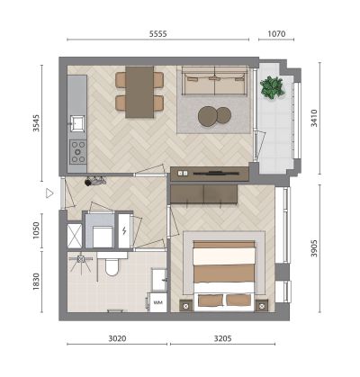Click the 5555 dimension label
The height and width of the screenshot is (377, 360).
tap(158, 33)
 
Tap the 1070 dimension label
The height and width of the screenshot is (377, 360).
tap(276, 33)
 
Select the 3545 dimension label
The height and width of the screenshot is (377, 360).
tap(36, 123)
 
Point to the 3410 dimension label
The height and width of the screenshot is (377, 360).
tap(314, 118)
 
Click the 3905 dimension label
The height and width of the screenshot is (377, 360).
tap(314, 248)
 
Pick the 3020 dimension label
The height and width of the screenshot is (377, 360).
tap(117, 338)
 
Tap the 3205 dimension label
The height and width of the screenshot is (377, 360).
tap(222, 338)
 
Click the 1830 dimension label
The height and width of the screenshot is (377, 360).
tap(36, 282)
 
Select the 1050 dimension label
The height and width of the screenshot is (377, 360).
tap(36, 230)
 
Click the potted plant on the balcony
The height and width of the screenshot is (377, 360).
tap(273, 87)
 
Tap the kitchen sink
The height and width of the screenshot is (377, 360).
tap(77, 123)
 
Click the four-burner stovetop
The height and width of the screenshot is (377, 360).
tap(78, 152)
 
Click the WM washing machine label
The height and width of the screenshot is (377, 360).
tap(157, 302)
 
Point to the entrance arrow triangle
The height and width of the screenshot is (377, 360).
tap(49, 193)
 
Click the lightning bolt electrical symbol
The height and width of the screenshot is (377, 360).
tap(124, 230)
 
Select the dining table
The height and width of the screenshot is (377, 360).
tap(139, 92)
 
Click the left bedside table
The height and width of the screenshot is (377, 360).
tap(186, 306)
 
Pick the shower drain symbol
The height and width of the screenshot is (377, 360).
tap(81, 259)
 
